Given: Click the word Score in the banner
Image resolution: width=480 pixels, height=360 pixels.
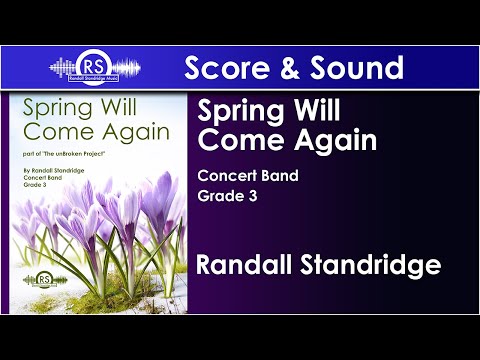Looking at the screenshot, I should tap(226, 68).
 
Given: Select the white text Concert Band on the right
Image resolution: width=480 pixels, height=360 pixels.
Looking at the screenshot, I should tap(249, 178).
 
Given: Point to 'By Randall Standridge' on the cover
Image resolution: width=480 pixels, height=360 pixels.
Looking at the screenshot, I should tap(59, 175).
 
